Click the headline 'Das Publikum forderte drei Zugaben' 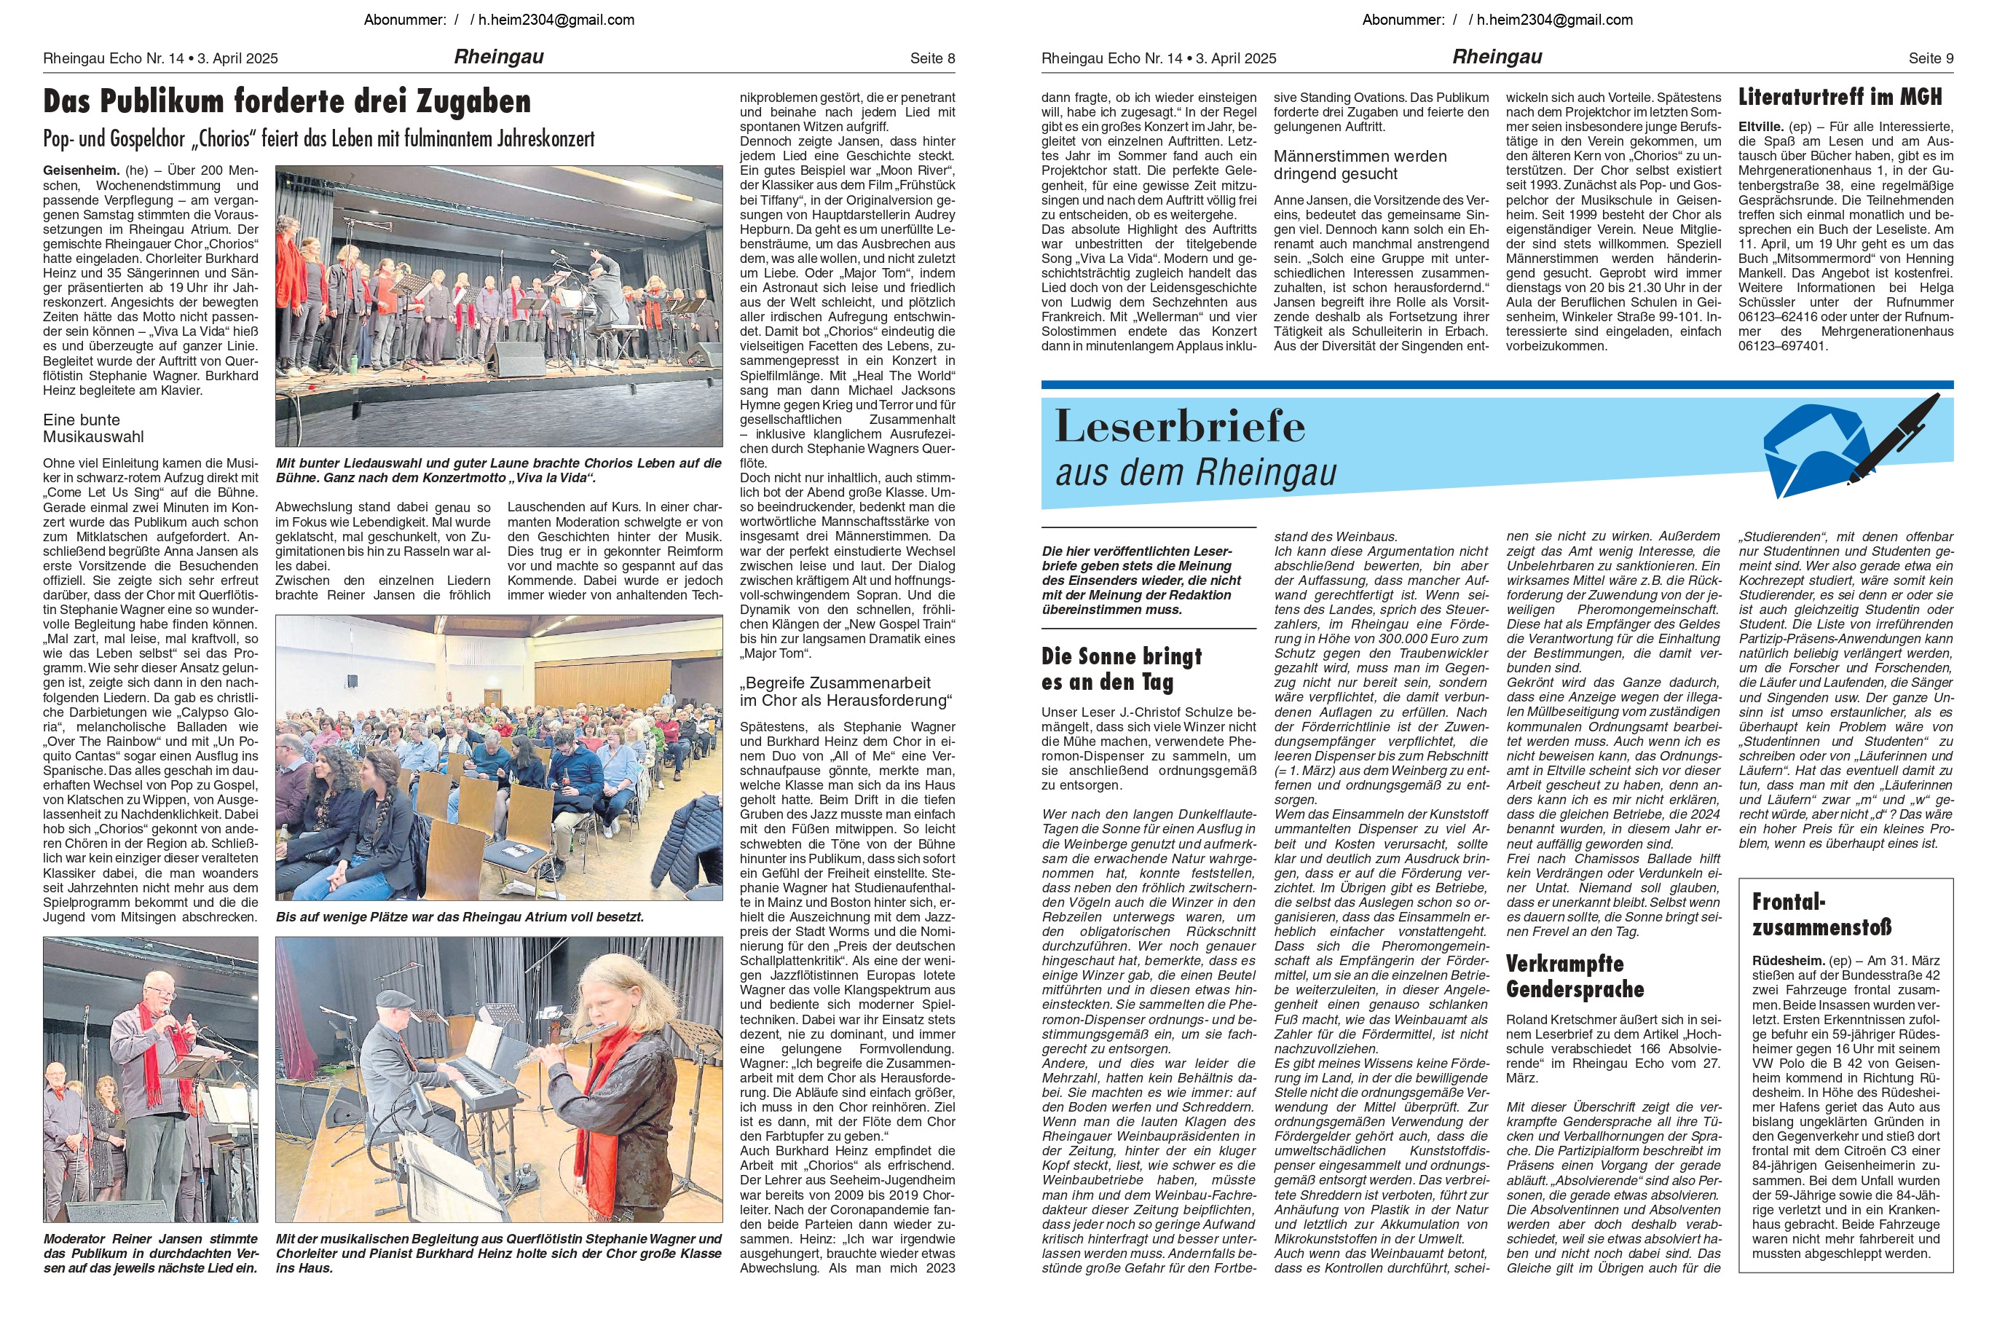click(287, 102)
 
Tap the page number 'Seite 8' click(932, 58)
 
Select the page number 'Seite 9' click(1931, 58)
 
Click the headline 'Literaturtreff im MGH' click(1840, 98)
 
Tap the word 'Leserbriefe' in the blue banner click(1180, 426)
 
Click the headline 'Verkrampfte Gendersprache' click(1575, 976)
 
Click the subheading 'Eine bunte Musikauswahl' click(93, 428)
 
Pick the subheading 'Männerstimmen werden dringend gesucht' click(1360, 165)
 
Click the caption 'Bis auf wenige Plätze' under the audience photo click(460, 917)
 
